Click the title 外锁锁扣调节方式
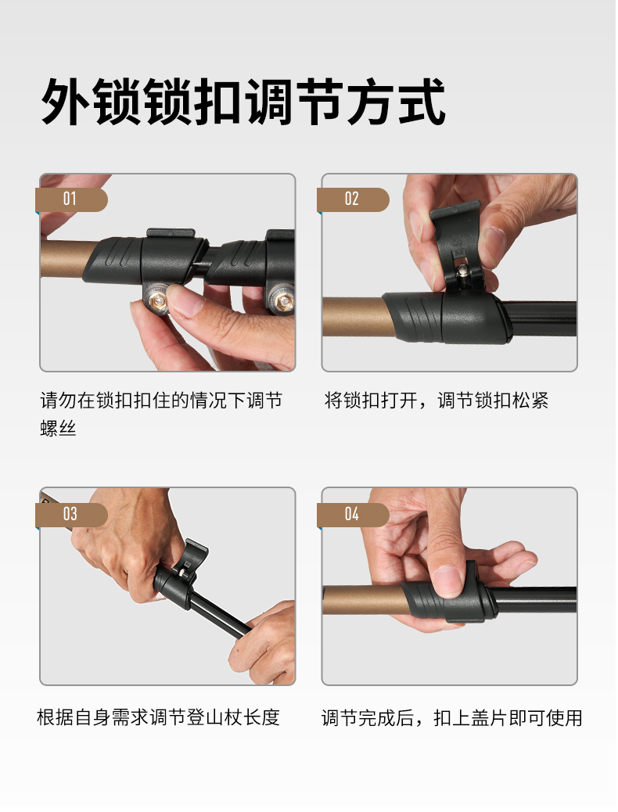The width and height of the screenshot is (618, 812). pos(243,102)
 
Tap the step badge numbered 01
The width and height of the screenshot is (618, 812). pos(71,199)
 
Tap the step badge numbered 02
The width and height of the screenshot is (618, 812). pos(353,199)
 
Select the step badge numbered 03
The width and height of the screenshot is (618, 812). pos(71,515)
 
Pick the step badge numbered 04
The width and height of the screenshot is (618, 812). pos(353,515)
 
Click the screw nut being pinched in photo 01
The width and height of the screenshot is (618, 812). pos(157,300)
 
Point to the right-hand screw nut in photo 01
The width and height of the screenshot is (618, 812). pos(282,301)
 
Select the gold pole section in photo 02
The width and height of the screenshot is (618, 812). pos(357,316)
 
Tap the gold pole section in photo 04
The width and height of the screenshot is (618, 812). pos(364,600)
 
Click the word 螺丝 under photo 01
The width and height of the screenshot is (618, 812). pos(58,428)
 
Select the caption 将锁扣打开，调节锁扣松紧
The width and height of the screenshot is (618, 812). pos(437,401)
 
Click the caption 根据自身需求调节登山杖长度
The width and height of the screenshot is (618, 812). pos(159,717)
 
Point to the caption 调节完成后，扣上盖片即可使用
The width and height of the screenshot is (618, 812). pos(451,718)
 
